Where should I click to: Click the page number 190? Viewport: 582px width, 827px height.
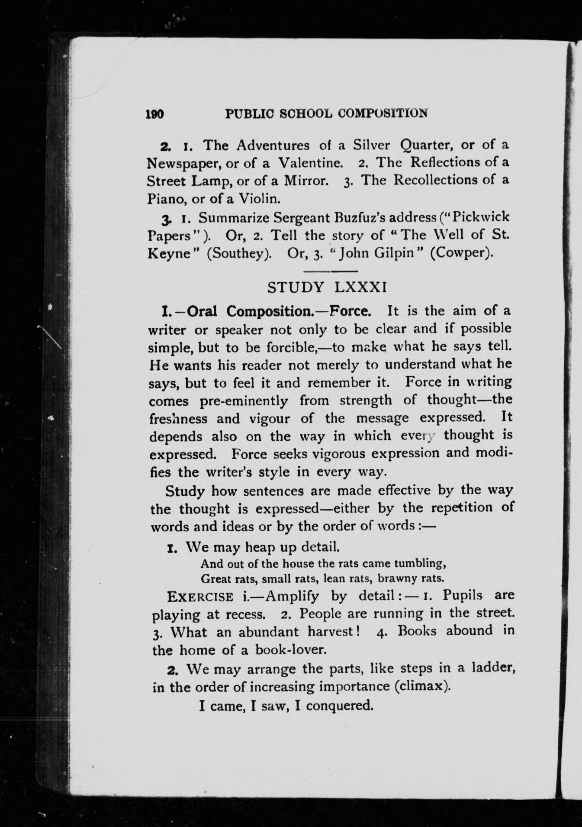point(154,114)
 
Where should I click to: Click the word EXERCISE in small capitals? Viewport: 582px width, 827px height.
point(200,597)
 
